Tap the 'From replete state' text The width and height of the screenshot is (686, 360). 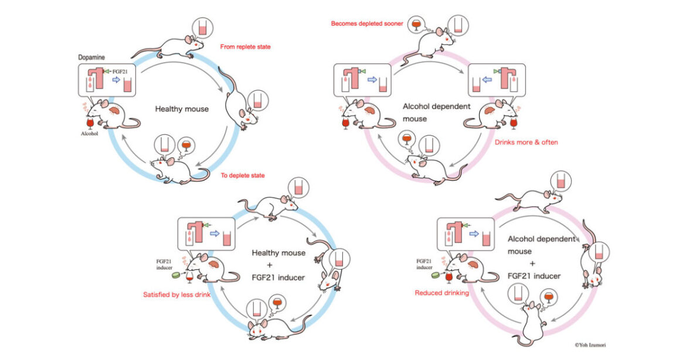click(244, 46)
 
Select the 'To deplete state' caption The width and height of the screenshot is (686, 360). click(242, 175)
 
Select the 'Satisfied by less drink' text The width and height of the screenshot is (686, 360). click(176, 294)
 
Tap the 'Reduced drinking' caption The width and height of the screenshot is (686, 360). click(442, 293)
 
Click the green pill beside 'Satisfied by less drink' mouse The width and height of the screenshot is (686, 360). click(175, 274)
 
